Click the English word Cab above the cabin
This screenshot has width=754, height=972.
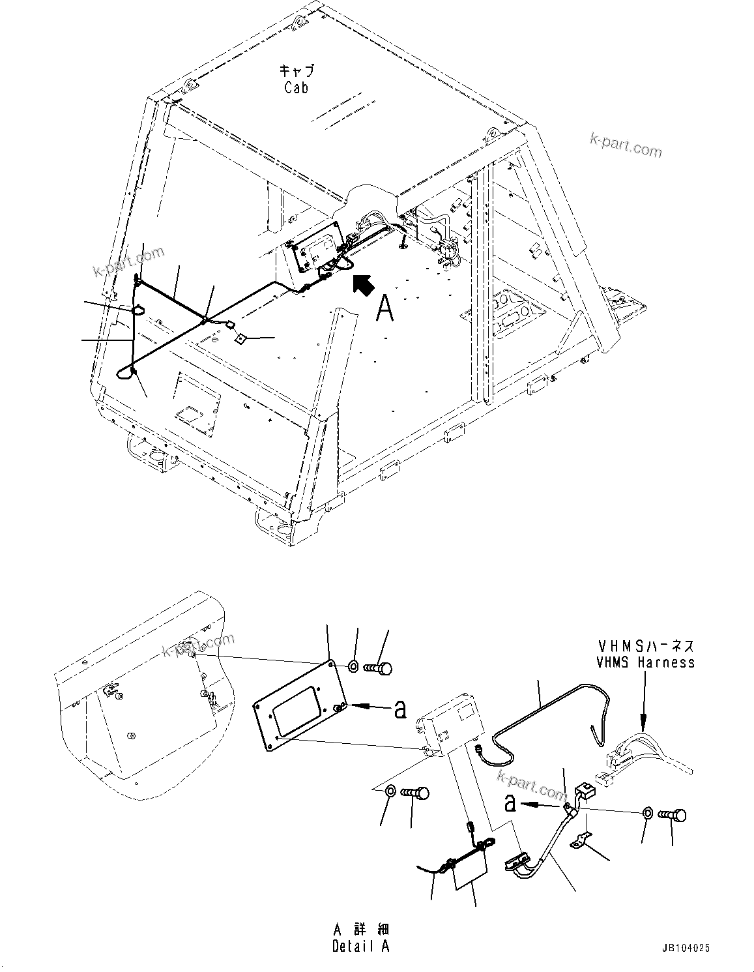(296, 88)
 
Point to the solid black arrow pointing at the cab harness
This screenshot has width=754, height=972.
(362, 284)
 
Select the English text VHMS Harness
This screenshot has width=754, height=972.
(645, 662)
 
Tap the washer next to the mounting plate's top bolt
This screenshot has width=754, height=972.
(353, 666)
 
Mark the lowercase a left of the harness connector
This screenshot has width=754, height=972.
(510, 803)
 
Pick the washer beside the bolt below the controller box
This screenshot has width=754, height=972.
(389, 791)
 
